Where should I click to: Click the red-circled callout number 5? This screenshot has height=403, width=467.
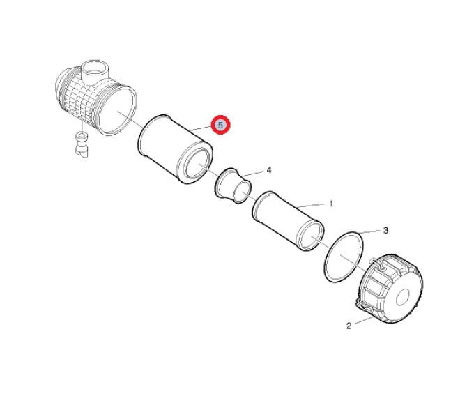(220, 125)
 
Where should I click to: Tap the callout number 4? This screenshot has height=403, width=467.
(268, 170)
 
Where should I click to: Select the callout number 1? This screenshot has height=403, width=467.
(331, 204)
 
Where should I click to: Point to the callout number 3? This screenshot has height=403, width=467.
(385, 231)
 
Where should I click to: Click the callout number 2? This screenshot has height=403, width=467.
(349, 326)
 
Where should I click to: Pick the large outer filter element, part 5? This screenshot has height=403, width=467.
(176, 149)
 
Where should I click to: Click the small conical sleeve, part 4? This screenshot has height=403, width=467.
(233, 185)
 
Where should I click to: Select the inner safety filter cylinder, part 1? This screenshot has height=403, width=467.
(288, 221)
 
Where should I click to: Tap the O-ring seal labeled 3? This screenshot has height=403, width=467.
(344, 257)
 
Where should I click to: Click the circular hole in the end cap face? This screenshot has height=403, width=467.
(404, 296)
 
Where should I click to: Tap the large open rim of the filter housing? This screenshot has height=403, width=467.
(117, 110)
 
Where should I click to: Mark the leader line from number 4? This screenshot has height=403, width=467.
(252, 174)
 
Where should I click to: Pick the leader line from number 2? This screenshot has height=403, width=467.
(364, 321)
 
